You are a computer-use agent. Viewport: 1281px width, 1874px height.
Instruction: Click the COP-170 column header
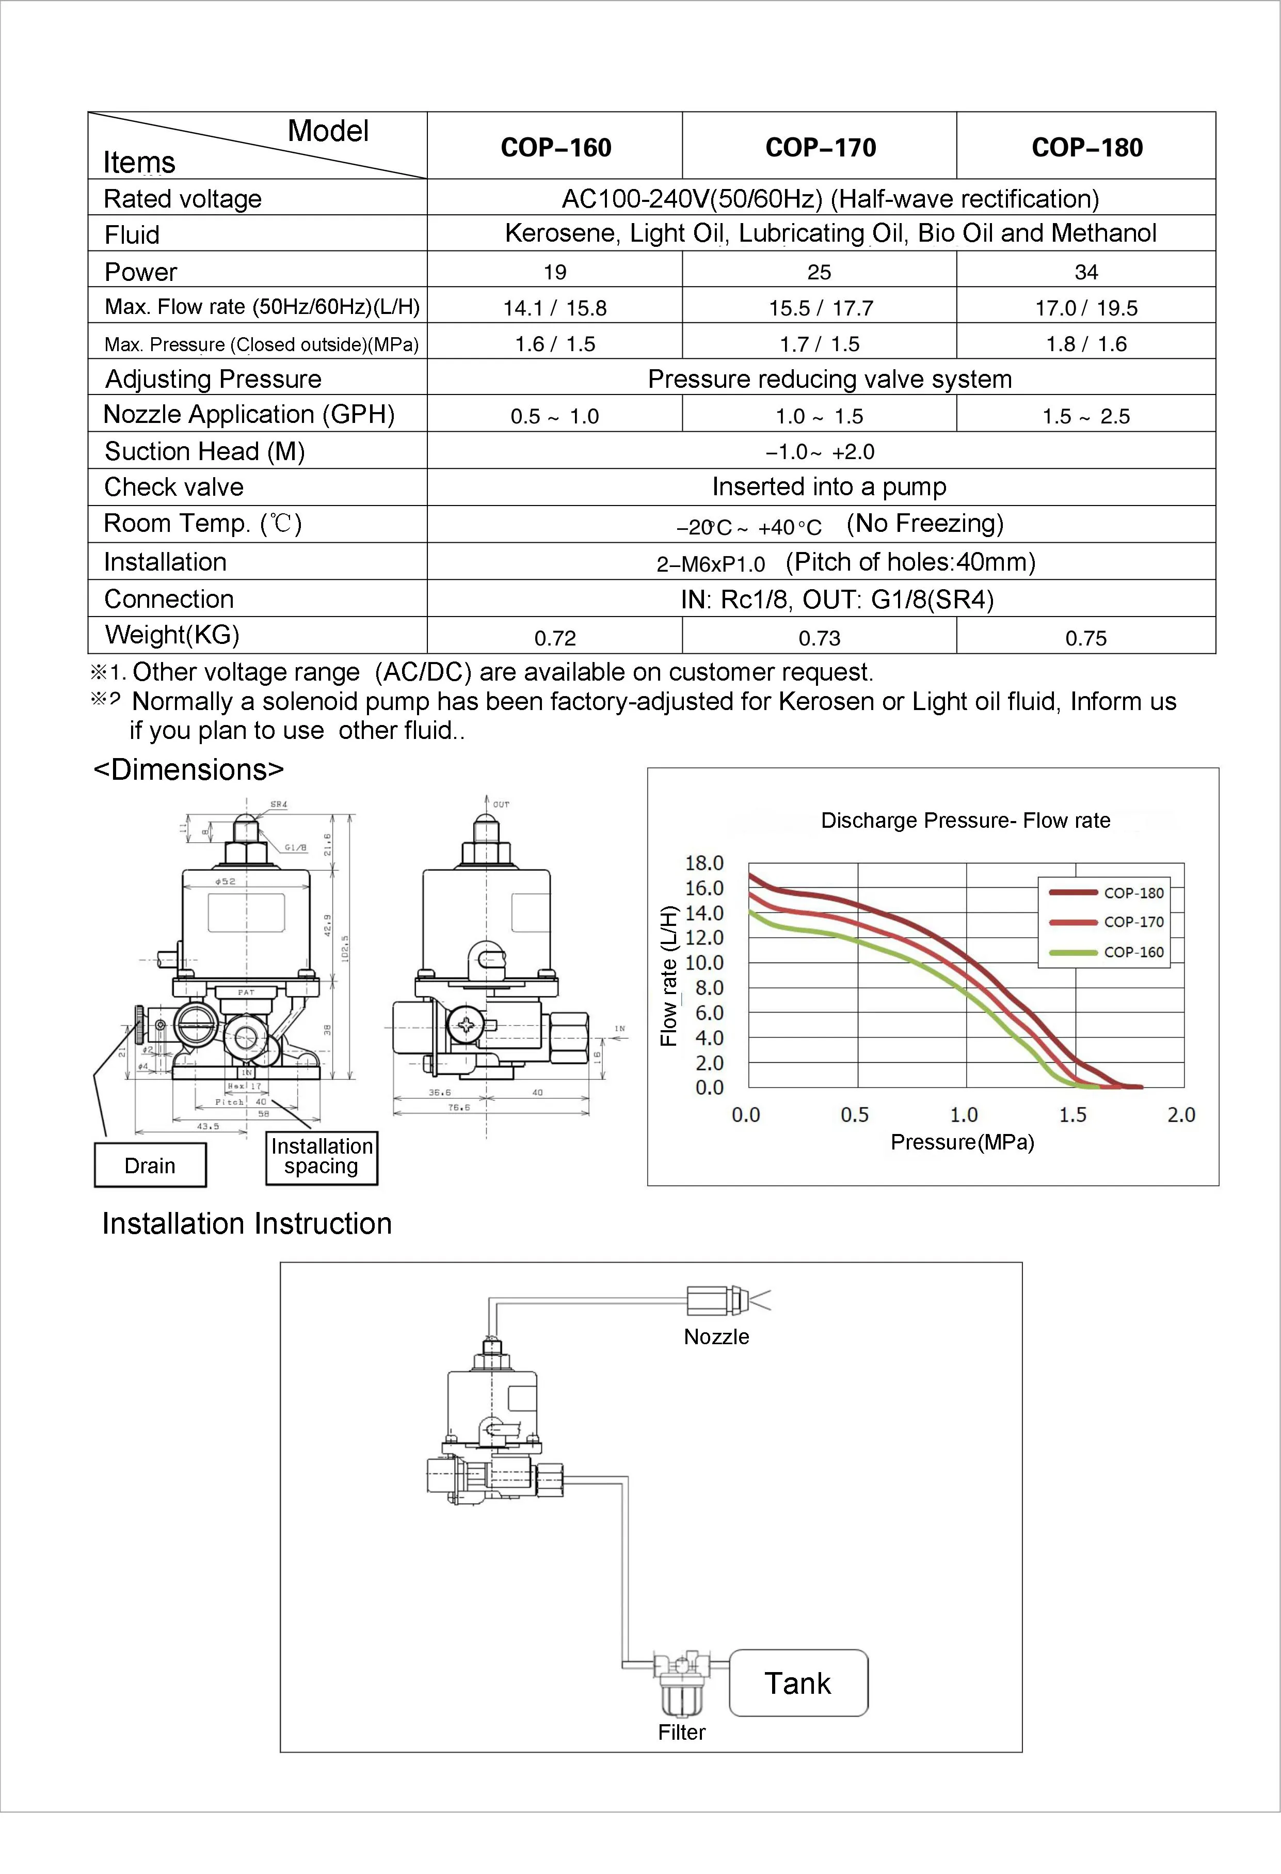pyautogui.click(x=820, y=148)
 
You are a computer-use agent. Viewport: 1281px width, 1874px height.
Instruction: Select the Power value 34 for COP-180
pyautogui.click(x=1086, y=272)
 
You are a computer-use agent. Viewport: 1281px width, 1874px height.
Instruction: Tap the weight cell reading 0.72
pyautogui.click(x=555, y=638)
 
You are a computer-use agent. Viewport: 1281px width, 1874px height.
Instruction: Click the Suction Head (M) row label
pyautogui.click(x=205, y=451)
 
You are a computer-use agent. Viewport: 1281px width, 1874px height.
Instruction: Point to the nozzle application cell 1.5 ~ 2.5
pyautogui.click(x=1086, y=416)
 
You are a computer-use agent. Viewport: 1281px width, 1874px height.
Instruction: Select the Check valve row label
pyautogui.click(x=174, y=487)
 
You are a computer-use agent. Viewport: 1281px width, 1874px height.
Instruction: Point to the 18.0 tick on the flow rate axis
pyautogui.click(x=704, y=863)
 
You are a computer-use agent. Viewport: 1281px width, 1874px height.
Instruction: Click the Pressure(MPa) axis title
pyautogui.click(x=962, y=1142)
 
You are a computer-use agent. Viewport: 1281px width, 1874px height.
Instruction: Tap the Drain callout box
pyautogui.click(x=150, y=1165)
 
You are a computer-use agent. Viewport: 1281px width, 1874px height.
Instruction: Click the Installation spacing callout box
pyautogui.click(x=322, y=1156)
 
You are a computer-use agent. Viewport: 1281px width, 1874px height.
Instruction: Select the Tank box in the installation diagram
pyautogui.click(x=798, y=1683)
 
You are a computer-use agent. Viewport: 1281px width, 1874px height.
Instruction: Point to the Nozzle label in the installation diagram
pyautogui.click(x=716, y=1336)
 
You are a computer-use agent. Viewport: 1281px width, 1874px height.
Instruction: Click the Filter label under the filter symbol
pyautogui.click(x=681, y=1732)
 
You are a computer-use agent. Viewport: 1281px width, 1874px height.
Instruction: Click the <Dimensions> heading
pyautogui.click(x=189, y=769)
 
